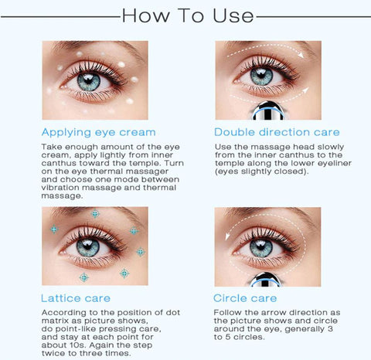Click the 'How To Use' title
(188, 15)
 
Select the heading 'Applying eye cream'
(99, 132)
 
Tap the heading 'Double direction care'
(277, 132)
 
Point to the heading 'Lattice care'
(76, 298)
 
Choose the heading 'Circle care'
(245, 298)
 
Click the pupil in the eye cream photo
(88, 80)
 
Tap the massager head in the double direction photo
(268, 111)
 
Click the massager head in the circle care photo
(265, 280)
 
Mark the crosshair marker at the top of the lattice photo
(95, 213)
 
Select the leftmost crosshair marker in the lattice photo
(54, 229)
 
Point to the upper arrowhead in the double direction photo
(301, 54)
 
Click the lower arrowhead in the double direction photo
(305, 90)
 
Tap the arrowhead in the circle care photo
(227, 236)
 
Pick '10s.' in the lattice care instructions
(78, 345)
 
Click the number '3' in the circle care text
(331, 329)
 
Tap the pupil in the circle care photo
(261, 246)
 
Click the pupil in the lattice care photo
(87, 247)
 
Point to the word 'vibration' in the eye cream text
(60, 188)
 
